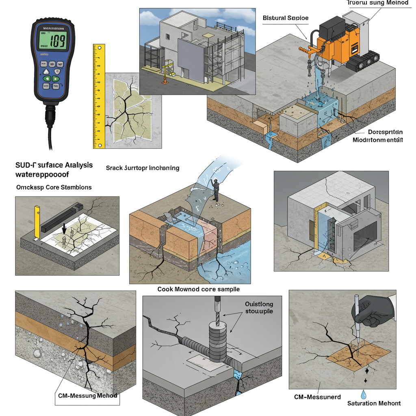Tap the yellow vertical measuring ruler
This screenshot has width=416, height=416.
99,95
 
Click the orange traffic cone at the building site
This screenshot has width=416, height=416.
165,80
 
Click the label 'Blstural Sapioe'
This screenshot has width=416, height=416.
286,18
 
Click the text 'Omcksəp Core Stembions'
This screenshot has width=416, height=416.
54,187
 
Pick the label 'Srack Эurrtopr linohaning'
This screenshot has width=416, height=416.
142,168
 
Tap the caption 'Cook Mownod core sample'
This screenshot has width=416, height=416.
198,289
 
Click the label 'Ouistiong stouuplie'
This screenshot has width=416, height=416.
259,308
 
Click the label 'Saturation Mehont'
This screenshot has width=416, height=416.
374,403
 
